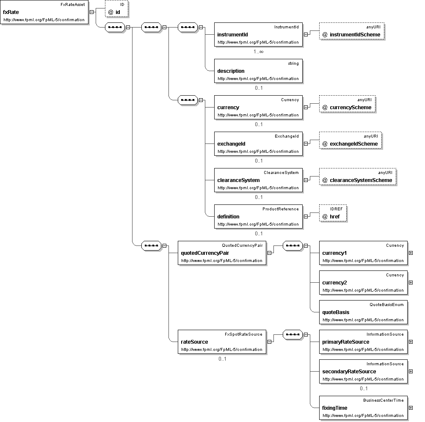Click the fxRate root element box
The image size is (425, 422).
pyautogui.click(x=44, y=12)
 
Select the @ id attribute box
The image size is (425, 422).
pyautogui.click(x=116, y=8)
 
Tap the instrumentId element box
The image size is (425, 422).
pyautogui.click(x=258, y=34)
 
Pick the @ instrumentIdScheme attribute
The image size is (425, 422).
pyautogui.click(x=352, y=31)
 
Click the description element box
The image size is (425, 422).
pyautogui.click(x=258, y=71)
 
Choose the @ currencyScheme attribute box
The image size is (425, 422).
pyautogui.click(x=347, y=104)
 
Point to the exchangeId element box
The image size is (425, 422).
pyautogui.click(x=258, y=143)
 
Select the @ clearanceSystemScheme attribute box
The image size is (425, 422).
pyautogui.click(x=358, y=177)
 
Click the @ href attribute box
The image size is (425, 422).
pyautogui.click(x=333, y=213)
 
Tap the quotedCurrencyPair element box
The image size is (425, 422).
pyautogui.click(x=222, y=253)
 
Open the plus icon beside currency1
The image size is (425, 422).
pyautogui.click(x=411, y=253)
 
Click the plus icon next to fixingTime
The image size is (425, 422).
pyautogui.click(x=411, y=408)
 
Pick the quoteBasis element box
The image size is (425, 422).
pyautogui.click(x=363, y=312)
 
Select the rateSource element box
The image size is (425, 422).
pyautogui.click(x=222, y=342)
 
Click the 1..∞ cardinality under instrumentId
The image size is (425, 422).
pyautogui.click(x=259, y=52)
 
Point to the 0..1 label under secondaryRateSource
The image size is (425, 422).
pyautogui.click(x=364, y=389)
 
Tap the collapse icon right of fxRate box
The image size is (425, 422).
pyautogui.click(x=91, y=12)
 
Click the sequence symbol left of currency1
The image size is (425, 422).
pyautogui.click(x=293, y=245)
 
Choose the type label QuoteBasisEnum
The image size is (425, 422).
pyautogui.click(x=386, y=305)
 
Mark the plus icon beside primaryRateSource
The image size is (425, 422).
pyautogui.click(x=411, y=342)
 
